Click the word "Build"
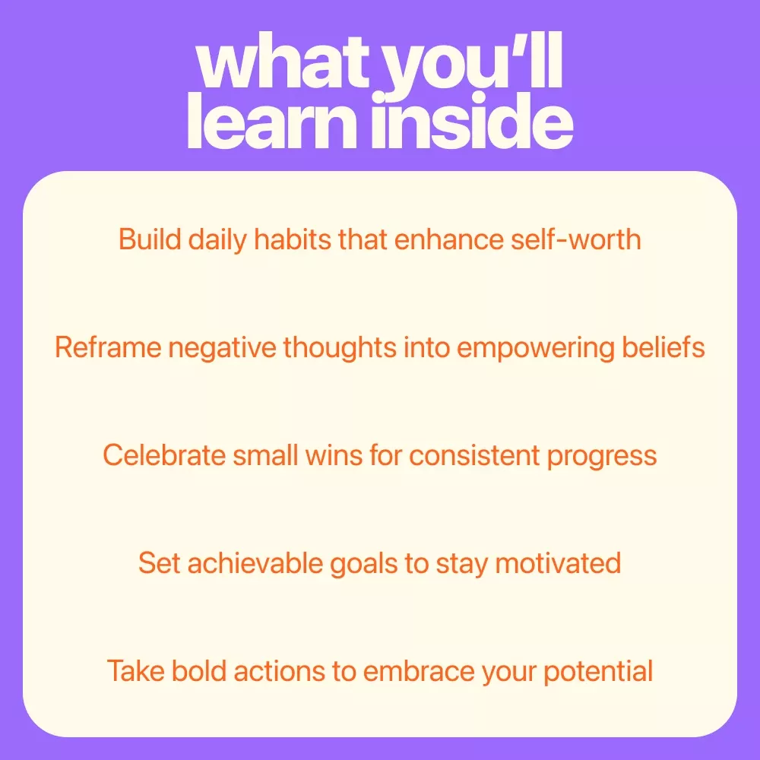[150, 239]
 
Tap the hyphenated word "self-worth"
[576, 239]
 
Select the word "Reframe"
[108, 347]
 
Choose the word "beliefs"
[663, 347]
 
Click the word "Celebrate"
[164, 455]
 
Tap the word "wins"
[334, 455]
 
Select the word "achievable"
[255, 563]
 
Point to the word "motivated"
[558, 563]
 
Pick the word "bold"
[199, 671]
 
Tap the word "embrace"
[419, 671]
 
